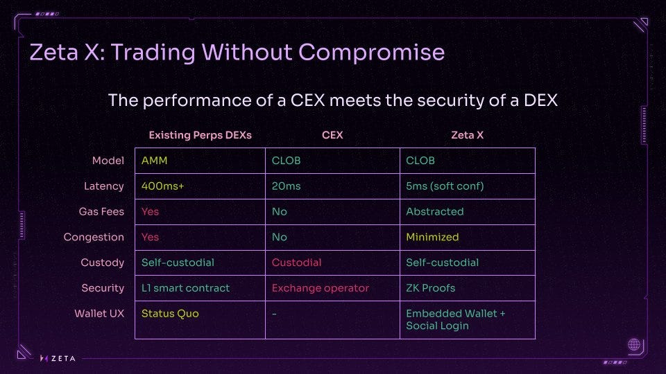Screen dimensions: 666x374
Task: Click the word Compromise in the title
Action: click(x=371, y=53)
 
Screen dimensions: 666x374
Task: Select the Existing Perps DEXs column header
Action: click(x=200, y=135)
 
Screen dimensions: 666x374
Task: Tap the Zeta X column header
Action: click(x=467, y=135)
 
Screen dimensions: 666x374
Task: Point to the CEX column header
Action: click(x=332, y=135)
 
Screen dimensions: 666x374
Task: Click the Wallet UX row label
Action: click(x=99, y=313)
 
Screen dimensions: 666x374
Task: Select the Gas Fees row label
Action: click(x=101, y=212)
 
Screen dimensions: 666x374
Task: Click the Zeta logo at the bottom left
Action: click(x=58, y=358)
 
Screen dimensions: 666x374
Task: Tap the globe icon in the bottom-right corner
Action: click(x=634, y=344)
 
